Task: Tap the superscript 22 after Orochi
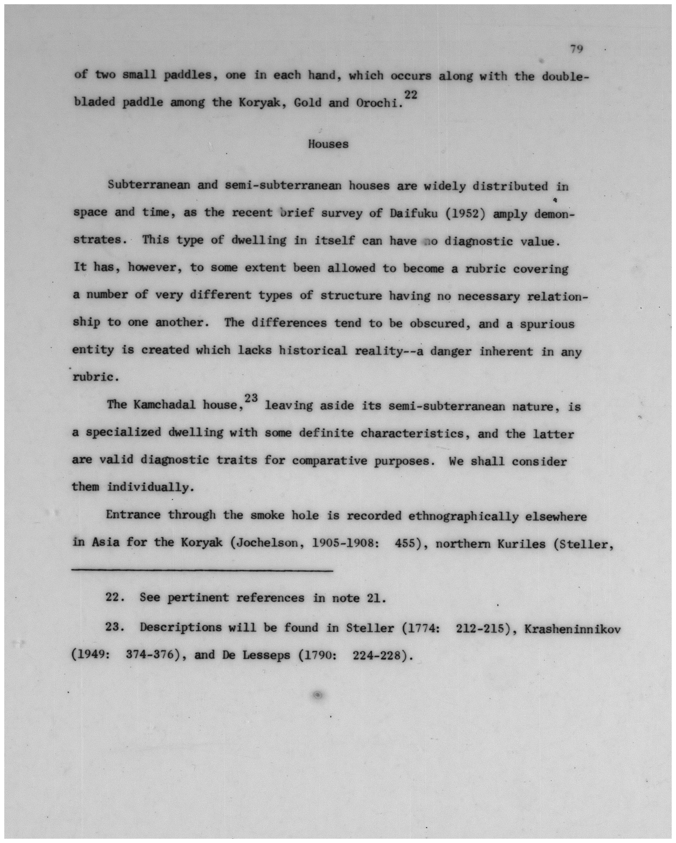(411, 95)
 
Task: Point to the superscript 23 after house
(251, 398)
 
